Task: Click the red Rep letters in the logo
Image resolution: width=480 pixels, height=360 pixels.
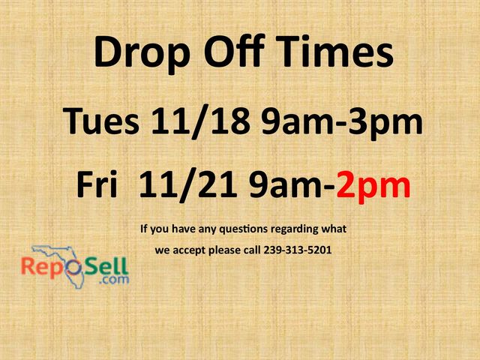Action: pyautogui.click(x=40, y=267)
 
